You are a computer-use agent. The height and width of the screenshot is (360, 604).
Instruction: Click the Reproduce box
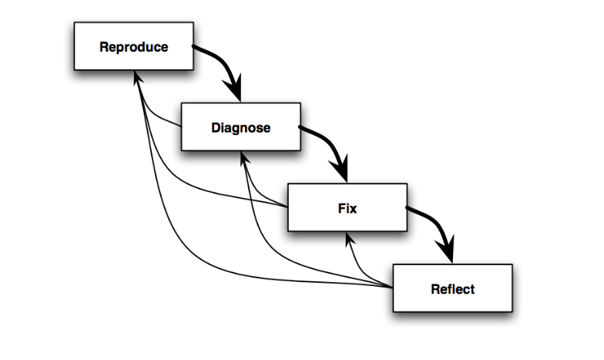coord(133,46)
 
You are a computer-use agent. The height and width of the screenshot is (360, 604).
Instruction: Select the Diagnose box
coord(240,127)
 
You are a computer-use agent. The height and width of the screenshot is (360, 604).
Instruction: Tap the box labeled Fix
coord(347,208)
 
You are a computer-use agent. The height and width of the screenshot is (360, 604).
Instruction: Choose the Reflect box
coord(452,288)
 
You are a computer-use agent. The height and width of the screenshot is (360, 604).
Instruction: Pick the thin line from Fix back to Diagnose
coord(266,189)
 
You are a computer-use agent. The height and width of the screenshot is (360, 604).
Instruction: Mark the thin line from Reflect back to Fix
coord(366,270)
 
